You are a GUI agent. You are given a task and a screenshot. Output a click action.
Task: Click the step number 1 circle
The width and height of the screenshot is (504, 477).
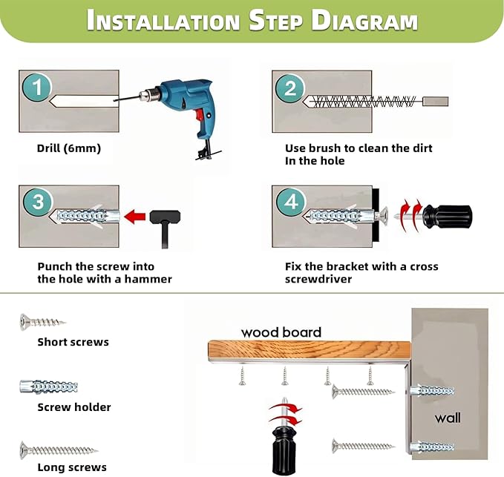click(37, 87)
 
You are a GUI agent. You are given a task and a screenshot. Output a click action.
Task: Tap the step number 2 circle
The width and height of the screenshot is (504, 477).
click(290, 88)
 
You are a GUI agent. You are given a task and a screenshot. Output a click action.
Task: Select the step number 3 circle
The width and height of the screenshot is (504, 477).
click(38, 202)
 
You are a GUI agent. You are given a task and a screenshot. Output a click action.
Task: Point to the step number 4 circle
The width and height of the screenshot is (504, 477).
click(291, 202)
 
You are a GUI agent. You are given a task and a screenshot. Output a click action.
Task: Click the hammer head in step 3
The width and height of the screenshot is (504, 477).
click(165, 217)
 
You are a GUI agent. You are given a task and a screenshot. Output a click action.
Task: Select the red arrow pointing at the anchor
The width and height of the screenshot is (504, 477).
click(134, 217)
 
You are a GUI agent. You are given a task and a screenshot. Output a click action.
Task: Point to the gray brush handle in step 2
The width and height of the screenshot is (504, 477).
click(435, 102)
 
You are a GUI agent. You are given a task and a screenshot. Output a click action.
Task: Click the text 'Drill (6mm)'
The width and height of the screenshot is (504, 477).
click(69, 148)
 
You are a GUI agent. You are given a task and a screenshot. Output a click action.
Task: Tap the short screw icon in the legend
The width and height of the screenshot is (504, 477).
click(42, 321)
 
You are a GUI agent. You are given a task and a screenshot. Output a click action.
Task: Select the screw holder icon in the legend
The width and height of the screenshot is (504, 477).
click(48, 386)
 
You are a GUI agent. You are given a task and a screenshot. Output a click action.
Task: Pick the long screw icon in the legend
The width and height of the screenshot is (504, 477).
click(59, 450)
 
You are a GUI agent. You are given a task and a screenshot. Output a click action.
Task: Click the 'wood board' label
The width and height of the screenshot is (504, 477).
click(281, 332)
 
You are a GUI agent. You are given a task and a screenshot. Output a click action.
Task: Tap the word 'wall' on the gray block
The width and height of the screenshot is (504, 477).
click(448, 418)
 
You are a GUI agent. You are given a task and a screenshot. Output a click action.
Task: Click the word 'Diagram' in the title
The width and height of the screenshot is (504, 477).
click(364, 21)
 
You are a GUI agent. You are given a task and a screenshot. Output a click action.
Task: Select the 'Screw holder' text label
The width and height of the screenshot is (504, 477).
click(74, 407)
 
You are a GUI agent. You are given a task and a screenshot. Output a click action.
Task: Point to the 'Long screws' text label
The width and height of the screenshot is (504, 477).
click(72, 467)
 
